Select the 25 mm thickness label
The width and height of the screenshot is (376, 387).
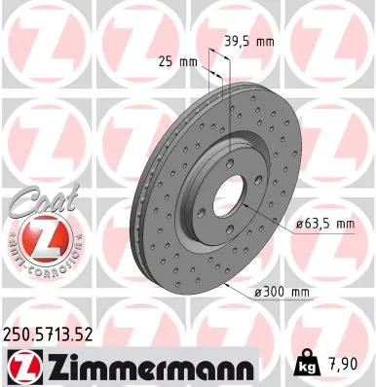point(176,62)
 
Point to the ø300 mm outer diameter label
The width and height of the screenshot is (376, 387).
point(282,290)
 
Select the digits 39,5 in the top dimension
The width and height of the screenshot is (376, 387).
point(242,42)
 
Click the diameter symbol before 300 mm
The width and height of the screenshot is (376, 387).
point(259,290)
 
